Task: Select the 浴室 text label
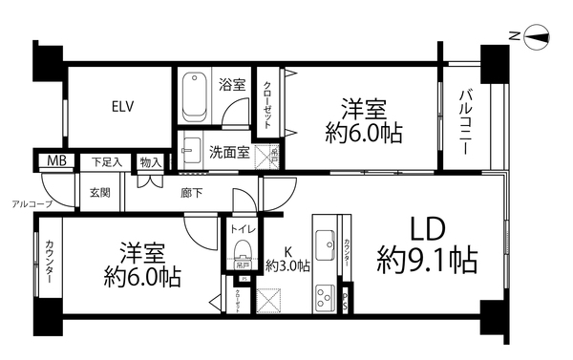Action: coord(231,84)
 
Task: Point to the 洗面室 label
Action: coord(229,151)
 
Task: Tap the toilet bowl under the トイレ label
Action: coord(243,256)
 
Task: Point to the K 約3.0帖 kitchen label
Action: coord(287,259)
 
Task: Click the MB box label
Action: coord(52,161)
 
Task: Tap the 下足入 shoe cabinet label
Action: coord(106,161)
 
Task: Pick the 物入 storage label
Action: coord(149,162)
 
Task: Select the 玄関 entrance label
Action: coord(100,192)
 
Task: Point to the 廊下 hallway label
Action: coord(191,192)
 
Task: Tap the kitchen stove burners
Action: coord(323,293)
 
